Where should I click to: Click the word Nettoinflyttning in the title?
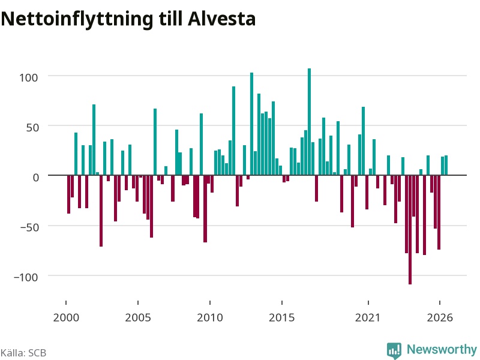click(77, 19)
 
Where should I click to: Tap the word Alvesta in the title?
click(221, 19)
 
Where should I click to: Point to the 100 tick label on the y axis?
click(28, 77)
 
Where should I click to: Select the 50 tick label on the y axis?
click(32, 128)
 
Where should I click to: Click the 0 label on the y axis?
click(36, 178)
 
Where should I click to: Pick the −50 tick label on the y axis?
click(29, 227)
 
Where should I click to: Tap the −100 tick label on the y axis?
click(26, 277)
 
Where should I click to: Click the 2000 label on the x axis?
click(66, 317)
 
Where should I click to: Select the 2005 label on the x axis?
click(138, 317)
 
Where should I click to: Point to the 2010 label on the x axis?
click(210, 317)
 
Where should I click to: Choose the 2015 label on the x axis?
click(282, 317)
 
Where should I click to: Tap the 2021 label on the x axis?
click(368, 317)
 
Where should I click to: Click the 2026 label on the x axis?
click(440, 317)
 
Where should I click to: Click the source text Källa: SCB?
click(23, 353)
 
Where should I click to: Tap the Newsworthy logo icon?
click(394, 350)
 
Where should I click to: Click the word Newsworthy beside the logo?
click(442, 349)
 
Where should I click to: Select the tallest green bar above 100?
click(309, 122)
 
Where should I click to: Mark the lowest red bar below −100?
click(410, 230)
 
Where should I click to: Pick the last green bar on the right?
click(446, 166)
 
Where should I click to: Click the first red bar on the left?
click(68, 194)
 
